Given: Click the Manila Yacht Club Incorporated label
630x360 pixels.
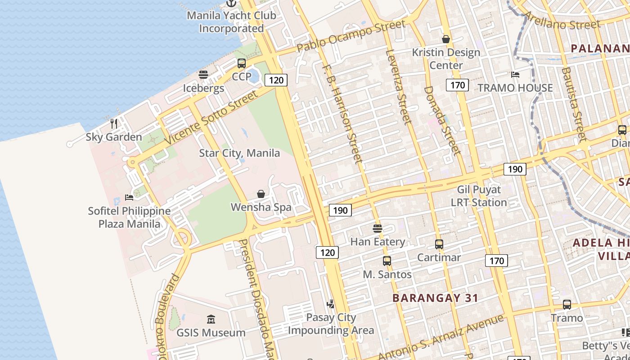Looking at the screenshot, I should click(x=231, y=22).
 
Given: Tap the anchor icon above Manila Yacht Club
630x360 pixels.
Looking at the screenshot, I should click(x=231, y=3).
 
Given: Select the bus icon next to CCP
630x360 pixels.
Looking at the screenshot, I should click(x=242, y=63).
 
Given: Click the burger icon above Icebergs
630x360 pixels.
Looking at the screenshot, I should click(x=203, y=75).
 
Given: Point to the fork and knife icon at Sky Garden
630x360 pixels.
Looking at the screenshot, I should click(x=114, y=123).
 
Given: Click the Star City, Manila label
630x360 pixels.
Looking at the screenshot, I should click(x=239, y=153).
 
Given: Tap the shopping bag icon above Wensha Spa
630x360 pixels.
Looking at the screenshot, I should click(x=261, y=194).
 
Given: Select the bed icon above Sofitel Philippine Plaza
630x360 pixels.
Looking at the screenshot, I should click(x=129, y=197).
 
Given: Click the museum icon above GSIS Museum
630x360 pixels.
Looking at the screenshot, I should click(x=211, y=319).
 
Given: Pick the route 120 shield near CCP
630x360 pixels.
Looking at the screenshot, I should click(x=276, y=80).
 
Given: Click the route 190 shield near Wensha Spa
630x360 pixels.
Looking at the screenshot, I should click(x=340, y=210).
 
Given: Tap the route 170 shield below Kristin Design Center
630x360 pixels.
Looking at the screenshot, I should click(x=457, y=85).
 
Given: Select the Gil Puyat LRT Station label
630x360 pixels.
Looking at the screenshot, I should click(x=479, y=196).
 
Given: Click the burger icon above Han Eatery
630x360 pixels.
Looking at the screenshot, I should click(x=378, y=229).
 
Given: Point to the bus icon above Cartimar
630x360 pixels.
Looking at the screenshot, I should click(x=439, y=244).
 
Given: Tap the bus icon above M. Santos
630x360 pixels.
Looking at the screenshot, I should click(x=387, y=261).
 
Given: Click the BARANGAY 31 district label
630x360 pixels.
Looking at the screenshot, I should click(x=435, y=298).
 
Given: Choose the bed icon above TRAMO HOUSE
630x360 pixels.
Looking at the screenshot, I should click(x=515, y=74).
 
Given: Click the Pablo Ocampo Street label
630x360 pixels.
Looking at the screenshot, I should click(x=351, y=36).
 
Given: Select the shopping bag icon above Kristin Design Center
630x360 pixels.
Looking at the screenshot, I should click(x=446, y=39).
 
